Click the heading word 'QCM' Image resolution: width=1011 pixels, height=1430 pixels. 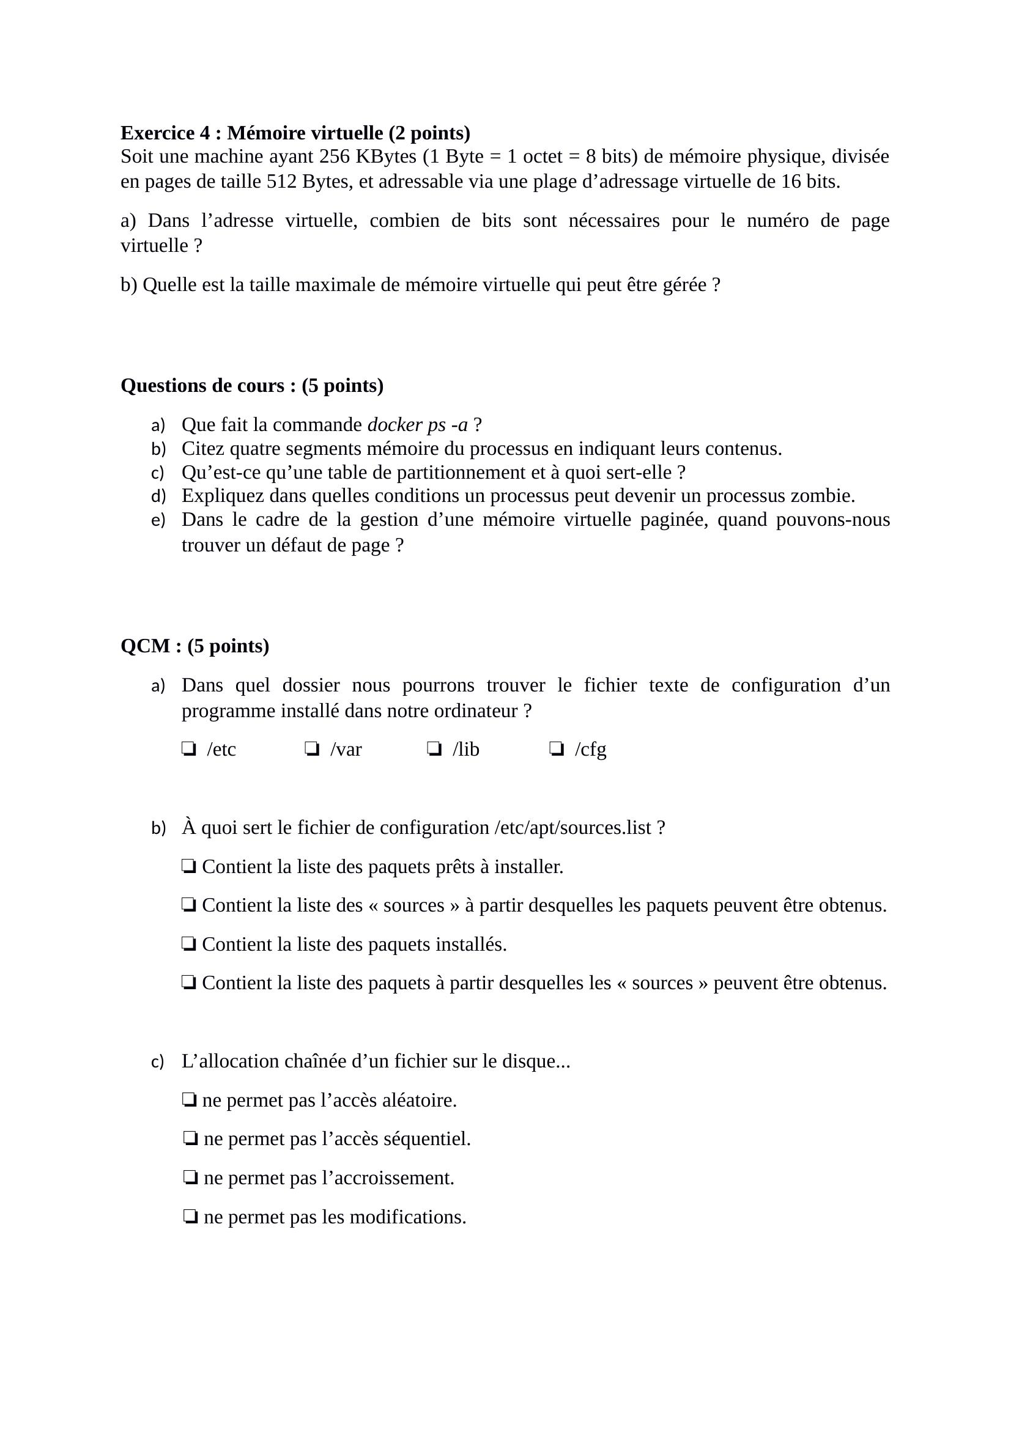[145, 646]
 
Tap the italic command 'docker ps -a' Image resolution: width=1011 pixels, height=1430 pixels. [417, 425]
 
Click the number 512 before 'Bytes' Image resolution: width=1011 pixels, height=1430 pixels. [281, 182]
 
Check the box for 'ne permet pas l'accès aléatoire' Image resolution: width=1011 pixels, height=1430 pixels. [190, 1100]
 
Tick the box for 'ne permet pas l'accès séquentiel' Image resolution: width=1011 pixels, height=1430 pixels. [191, 1139]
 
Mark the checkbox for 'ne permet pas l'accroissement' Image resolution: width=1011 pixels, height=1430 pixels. [191, 1178]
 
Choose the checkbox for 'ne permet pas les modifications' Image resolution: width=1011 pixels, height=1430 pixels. [191, 1217]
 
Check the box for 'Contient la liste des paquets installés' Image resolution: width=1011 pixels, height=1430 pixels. [190, 944]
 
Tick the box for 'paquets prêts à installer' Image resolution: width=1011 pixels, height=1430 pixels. [190, 866]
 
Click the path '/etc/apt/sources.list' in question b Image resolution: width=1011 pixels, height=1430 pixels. [572, 828]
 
